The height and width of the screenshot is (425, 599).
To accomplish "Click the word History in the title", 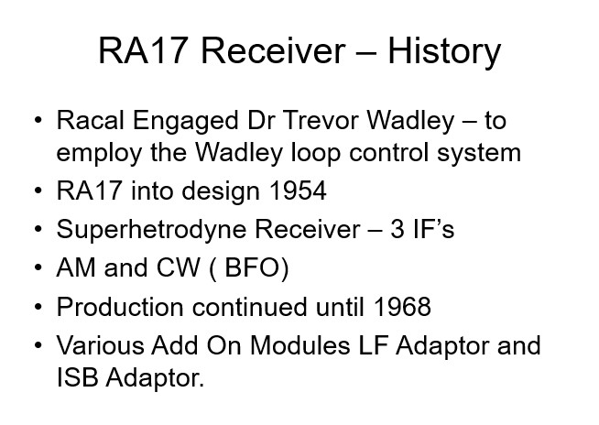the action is tap(444, 52).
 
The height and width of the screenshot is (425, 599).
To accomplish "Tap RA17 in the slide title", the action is tap(143, 50).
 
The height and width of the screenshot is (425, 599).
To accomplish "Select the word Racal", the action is tap(90, 120).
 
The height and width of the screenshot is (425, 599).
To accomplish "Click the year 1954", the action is tap(298, 191).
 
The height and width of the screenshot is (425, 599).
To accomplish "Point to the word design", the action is tap(221, 192).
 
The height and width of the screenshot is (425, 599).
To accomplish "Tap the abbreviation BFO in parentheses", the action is tap(252, 267).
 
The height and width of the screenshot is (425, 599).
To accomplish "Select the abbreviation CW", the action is tap(178, 267).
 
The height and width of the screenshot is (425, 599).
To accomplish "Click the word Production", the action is tap(120, 307).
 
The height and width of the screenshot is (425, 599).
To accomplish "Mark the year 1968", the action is tap(402, 307).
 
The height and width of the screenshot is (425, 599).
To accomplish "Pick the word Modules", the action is tap(299, 345).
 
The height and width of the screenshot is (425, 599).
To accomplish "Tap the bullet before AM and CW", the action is tap(38, 267).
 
